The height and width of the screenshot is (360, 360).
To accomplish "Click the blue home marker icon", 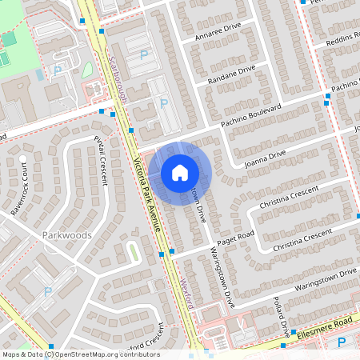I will click(180, 173).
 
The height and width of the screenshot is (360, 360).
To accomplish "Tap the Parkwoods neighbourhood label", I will click(65, 236).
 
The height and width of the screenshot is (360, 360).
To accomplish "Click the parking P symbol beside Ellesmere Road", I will click(342, 342).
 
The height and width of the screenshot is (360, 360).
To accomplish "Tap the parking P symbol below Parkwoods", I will click(47, 292).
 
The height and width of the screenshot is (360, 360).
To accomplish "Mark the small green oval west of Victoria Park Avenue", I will click(133, 251).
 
